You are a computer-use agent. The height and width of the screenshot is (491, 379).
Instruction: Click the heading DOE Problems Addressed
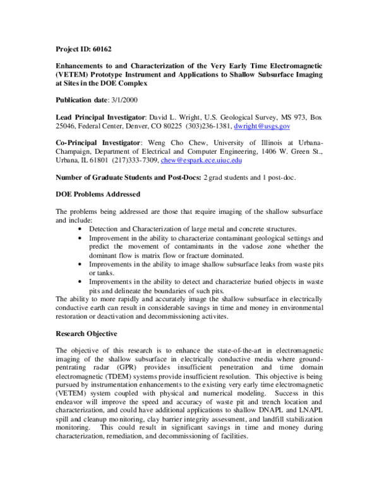[x=98, y=194]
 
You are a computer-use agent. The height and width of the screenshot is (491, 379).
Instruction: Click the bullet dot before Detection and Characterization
[x=79, y=228]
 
